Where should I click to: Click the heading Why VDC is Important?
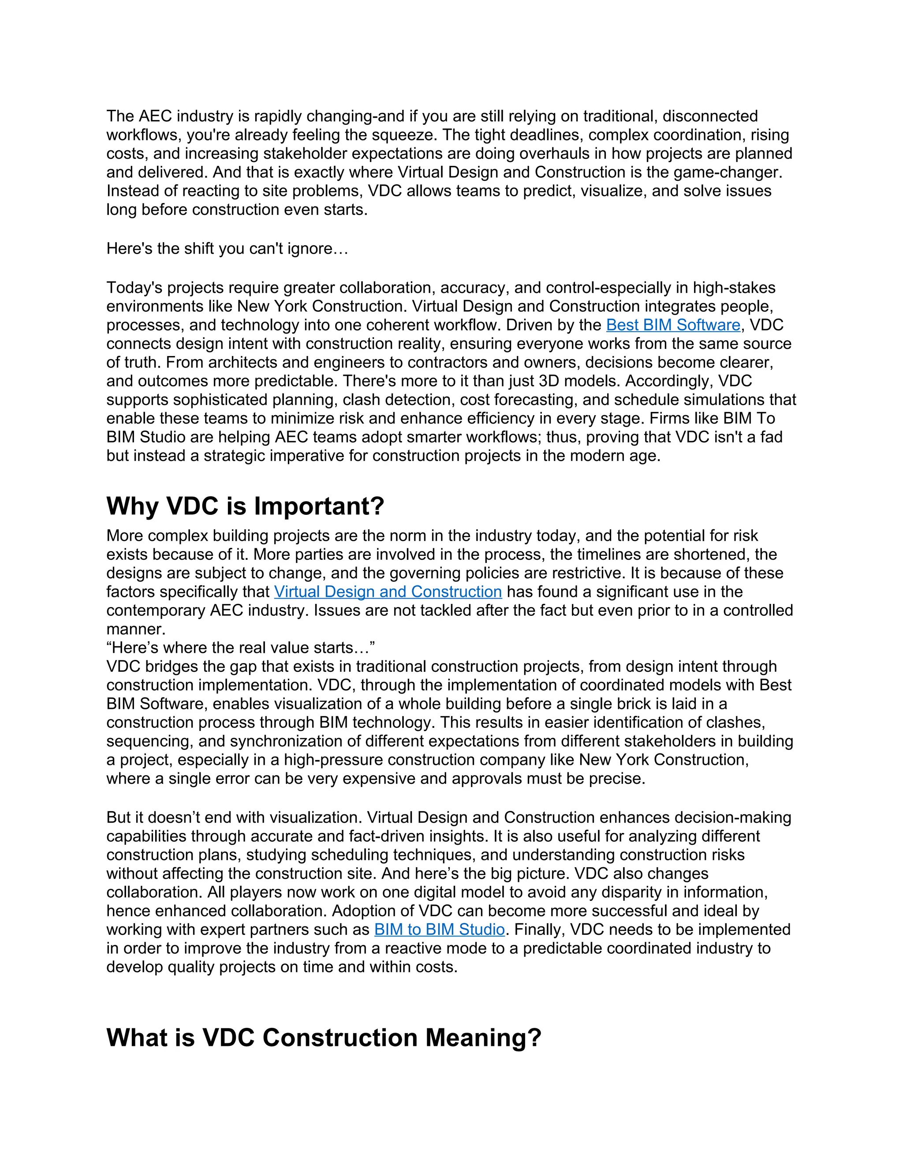point(245,506)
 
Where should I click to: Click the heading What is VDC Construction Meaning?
point(324,1038)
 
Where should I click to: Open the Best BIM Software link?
point(673,325)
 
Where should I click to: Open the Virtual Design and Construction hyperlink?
point(388,592)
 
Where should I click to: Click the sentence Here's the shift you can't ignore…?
point(228,248)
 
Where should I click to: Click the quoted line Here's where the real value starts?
point(241,648)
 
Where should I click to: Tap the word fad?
point(771,437)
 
